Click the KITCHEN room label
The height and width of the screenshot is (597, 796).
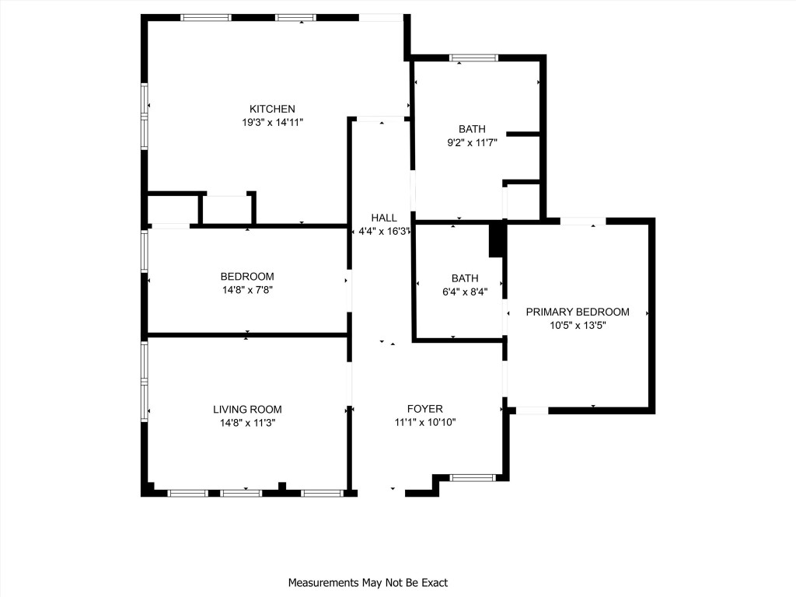272,109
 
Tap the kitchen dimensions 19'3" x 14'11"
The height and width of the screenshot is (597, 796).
272,122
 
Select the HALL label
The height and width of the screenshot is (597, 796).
384,218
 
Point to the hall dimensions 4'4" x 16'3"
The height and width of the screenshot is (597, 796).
384,232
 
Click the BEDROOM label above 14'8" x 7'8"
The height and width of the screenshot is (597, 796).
247,277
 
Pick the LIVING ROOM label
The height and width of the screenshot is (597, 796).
247,410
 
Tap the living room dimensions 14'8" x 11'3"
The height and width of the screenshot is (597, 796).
247,423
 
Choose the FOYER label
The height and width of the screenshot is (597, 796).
425,409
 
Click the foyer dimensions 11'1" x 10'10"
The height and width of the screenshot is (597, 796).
425,423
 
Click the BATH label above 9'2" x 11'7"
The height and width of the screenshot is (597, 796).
472,129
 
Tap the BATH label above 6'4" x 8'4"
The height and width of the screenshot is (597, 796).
465,278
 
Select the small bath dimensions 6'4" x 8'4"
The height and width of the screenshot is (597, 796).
465,292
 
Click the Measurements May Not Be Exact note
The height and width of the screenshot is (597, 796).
368,582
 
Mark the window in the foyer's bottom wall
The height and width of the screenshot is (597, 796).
473,478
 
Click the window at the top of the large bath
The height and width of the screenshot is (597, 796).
473,58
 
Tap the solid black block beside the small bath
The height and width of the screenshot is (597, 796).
496,240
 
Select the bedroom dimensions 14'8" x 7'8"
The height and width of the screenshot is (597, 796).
247,291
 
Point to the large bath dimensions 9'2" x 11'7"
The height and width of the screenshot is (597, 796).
472,142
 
